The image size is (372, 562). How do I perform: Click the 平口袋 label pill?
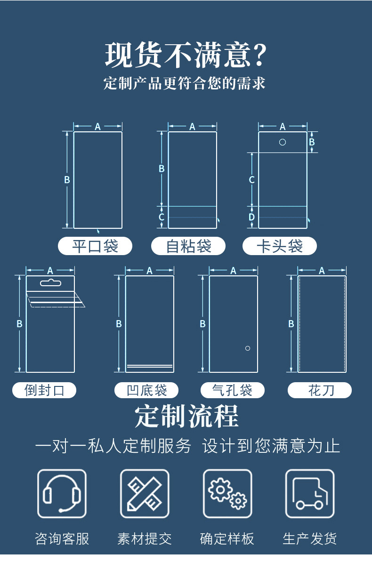(95, 246)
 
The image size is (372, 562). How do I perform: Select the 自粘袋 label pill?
(188, 246)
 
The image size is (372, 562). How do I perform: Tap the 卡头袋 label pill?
(280, 246)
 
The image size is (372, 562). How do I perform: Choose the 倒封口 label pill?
(44, 390)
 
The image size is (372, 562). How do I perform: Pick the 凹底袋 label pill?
(146, 390)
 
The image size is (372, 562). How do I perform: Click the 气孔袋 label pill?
(233, 390)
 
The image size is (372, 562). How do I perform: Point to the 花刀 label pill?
(320, 390)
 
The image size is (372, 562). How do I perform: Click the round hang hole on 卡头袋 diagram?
(283, 142)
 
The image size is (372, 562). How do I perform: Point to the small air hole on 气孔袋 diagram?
(248, 348)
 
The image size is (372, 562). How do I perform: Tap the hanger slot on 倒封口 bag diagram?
(50, 283)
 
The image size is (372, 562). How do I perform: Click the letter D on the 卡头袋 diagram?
(251, 217)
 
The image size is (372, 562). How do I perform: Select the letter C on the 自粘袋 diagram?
(162, 217)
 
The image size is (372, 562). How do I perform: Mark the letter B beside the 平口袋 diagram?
(67, 179)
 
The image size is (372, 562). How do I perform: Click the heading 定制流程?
(186, 416)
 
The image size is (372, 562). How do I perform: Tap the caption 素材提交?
(144, 539)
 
